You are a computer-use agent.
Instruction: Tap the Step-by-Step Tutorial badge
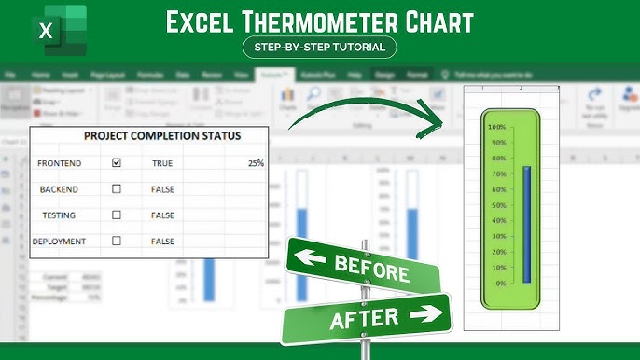click(x=319, y=47)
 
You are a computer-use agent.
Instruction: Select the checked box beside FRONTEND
click(x=117, y=162)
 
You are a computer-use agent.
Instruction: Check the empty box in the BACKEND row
click(x=117, y=188)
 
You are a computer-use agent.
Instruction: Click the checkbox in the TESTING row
click(x=117, y=215)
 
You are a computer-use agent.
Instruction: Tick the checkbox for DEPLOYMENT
click(x=117, y=241)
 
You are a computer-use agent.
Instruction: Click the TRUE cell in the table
click(x=162, y=162)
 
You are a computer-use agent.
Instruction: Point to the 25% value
click(x=255, y=162)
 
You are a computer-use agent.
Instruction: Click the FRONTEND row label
click(x=60, y=162)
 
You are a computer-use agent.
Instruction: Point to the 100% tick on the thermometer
click(x=496, y=127)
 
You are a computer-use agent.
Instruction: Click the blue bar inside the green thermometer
click(x=526, y=224)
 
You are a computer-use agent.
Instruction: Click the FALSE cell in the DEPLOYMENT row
click(x=162, y=241)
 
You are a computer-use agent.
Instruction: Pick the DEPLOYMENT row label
click(x=60, y=241)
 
